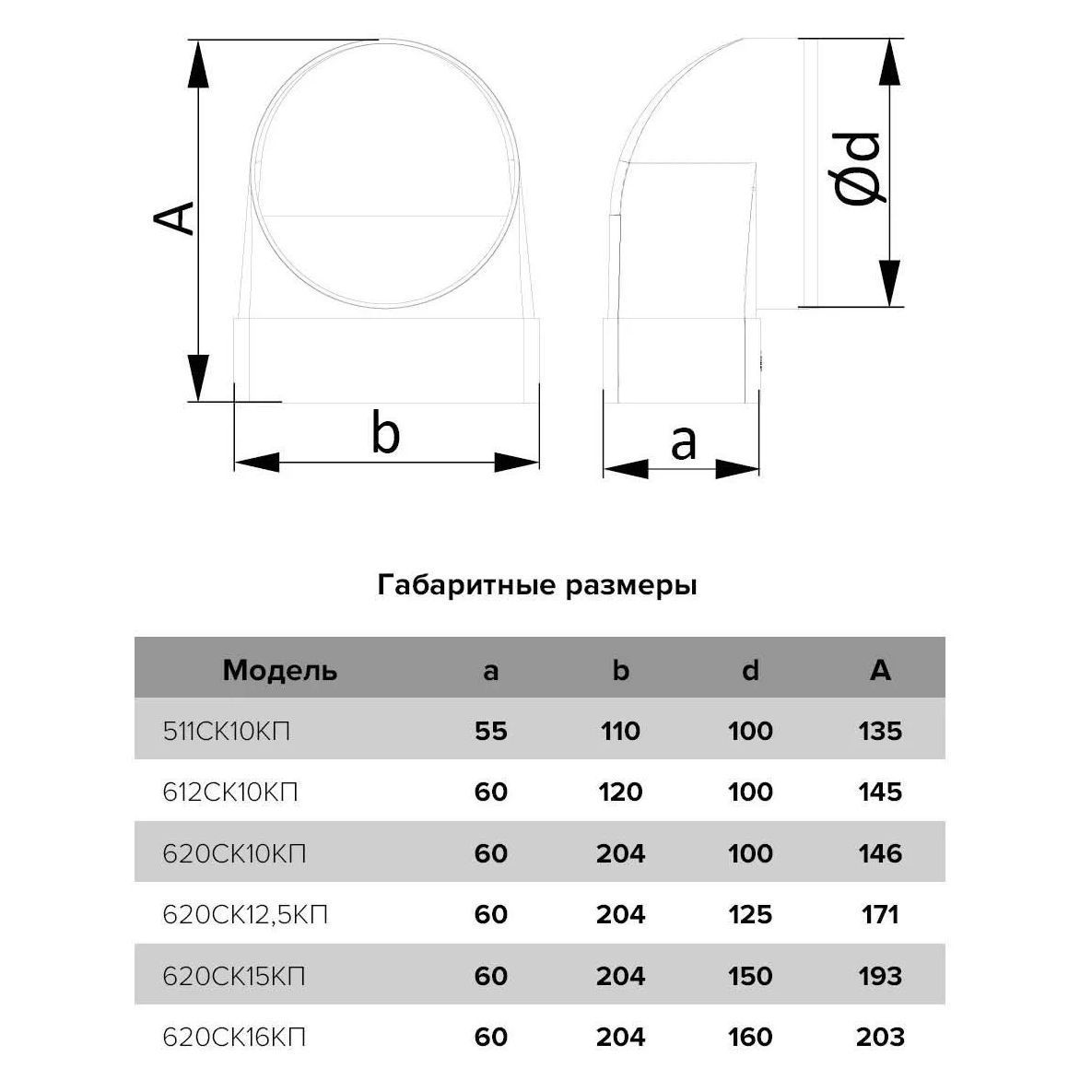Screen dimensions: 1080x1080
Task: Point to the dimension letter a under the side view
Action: pyautogui.click(x=683, y=442)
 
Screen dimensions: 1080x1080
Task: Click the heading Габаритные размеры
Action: pyautogui.click(x=537, y=585)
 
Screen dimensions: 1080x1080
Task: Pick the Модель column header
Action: pyautogui.click(x=280, y=670)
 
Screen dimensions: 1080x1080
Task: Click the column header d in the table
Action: pyautogui.click(x=750, y=670)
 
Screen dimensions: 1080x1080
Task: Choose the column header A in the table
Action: pyautogui.click(x=880, y=670)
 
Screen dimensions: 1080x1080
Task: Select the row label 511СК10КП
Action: pyautogui.click(x=227, y=732)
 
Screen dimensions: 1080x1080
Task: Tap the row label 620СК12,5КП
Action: pyautogui.click(x=245, y=915)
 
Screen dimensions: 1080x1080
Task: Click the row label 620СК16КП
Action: pyautogui.click(x=234, y=1038)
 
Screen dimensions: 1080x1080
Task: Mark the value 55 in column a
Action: pyautogui.click(x=491, y=732)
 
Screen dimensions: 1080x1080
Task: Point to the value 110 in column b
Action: pyautogui.click(x=620, y=732)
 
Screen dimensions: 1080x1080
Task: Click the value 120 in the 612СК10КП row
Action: pyautogui.click(x=620, y=792)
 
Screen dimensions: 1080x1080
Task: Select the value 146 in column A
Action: pyautogui.click(x=880, y=853)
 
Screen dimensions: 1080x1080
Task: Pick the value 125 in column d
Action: pyautogui.click(x=750, y=915)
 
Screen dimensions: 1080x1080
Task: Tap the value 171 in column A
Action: pyautogui.click(x=880, y=915)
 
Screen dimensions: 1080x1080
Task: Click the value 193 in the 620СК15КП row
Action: pyautogui.click(x=880, y=976)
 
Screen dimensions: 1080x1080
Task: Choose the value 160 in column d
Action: pyautogui.click(x=750, y=1038)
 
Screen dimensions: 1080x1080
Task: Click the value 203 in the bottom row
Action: pyautogui.click(x=880, y=1038)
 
